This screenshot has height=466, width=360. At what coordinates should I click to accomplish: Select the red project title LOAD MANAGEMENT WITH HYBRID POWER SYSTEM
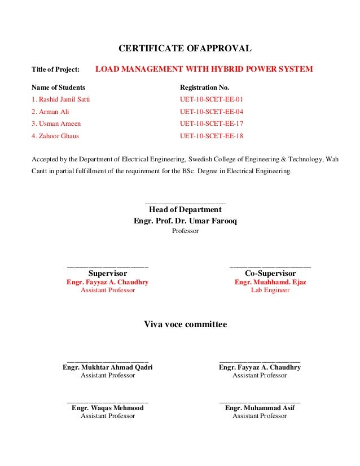[204, 69]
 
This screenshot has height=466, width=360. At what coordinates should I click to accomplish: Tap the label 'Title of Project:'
[55, 70]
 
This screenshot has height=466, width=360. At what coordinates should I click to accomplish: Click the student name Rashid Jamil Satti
[60, 100]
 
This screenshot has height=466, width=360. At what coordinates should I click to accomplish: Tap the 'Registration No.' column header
[204, 88]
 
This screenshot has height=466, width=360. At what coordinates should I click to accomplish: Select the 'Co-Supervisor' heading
[270, 273]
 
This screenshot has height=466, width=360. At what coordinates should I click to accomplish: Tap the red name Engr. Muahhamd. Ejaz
[270, 282]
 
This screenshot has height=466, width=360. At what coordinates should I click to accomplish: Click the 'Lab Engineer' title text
[270, 290]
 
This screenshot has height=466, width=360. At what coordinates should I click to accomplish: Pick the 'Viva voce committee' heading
[186, 324]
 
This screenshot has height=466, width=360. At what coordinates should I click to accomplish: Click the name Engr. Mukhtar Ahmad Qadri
[108, 367]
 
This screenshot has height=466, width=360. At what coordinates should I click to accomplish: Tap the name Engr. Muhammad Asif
[260, 408]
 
